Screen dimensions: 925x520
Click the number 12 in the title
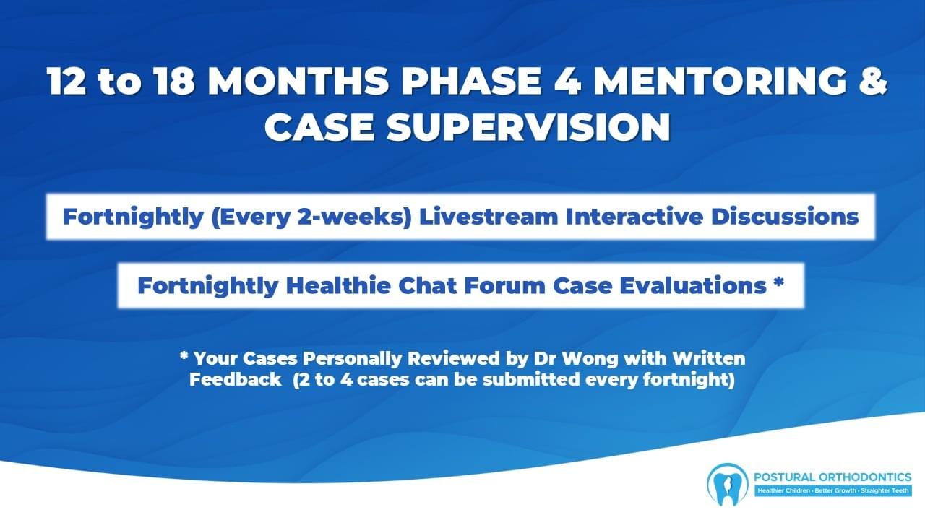pos(66,80)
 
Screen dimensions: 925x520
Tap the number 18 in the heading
pos(174,80)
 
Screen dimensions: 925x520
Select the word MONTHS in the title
pos(298,80)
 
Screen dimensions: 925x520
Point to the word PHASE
pos(472,80)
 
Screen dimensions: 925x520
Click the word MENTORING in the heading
pos(720,80)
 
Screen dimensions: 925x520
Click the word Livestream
pos(489,217)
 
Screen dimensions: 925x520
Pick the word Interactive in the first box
pos(634,217)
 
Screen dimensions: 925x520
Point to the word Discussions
pos(785,217)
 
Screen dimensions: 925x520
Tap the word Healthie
pos(338,285)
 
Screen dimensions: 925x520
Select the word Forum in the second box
pos(504,285)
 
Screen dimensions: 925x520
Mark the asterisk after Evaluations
pos(779,282)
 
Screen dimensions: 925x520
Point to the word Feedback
pos(236,380)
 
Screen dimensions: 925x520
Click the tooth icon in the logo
pos(727,484)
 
